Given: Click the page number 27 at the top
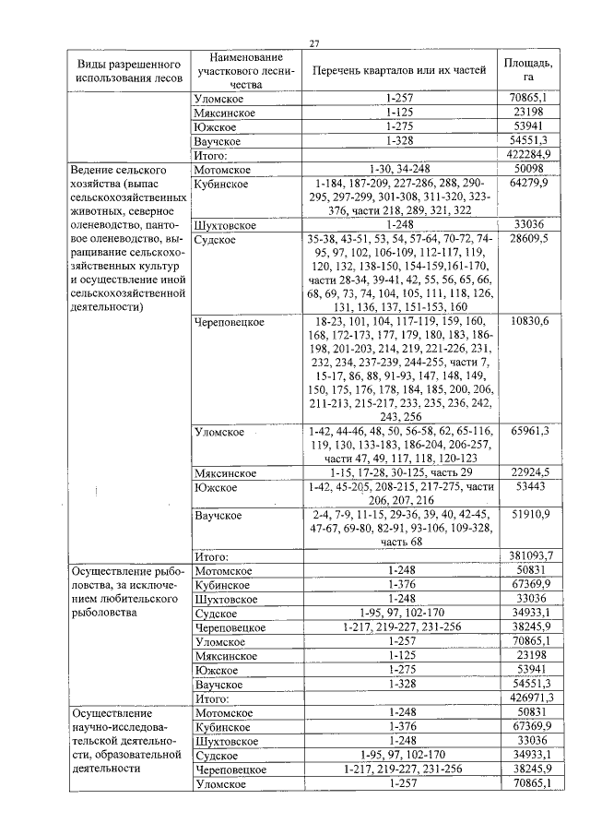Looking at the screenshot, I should pyautogui.click(x=314, y=43).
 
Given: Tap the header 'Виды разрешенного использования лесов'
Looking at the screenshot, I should pyautogui.click(x=123, y=71).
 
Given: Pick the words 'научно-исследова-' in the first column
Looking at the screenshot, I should pyautogui.click(x=118, y=726).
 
